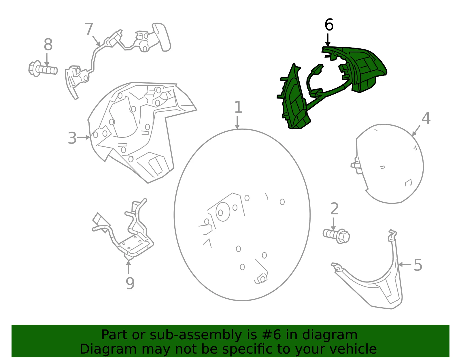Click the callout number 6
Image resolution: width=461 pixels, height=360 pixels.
329,25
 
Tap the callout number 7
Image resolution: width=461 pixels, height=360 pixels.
89,29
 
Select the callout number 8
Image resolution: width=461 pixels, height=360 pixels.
48,45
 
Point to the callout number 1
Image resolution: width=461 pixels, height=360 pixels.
238,107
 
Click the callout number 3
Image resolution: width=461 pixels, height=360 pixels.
72,138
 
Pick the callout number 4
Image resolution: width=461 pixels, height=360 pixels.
426,118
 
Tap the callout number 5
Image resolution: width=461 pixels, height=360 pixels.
418,265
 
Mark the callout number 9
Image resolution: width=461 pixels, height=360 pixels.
130,283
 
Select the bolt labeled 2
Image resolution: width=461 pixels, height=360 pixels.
336,236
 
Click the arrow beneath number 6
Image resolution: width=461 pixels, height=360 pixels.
328,40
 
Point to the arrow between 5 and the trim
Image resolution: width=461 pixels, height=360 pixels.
405,264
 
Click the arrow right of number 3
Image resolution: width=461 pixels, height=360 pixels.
83,137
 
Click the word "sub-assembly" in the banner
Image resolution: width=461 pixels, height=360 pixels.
196,335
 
